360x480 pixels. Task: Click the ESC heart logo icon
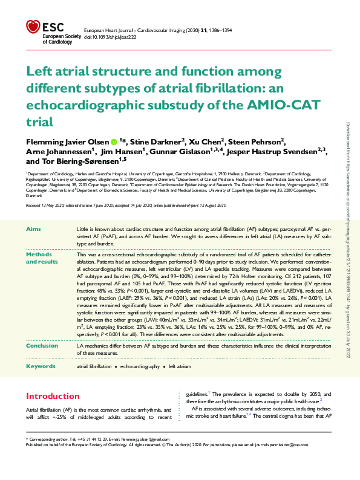tap(33, 27)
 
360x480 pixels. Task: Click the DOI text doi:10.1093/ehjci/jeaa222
tap(110, 37)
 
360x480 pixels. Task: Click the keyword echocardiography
tap(140, 367)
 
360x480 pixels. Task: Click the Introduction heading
tap(53, 397)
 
